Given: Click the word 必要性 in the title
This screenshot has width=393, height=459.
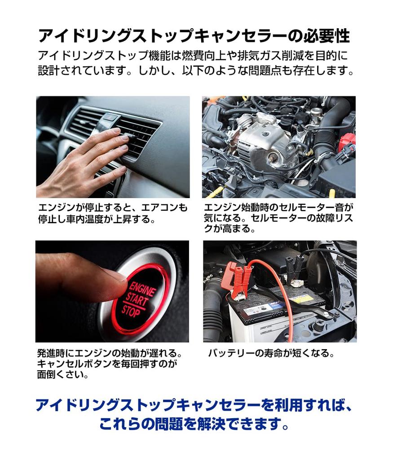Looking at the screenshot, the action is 327,36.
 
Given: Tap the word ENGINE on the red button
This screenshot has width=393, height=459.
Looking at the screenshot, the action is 142,288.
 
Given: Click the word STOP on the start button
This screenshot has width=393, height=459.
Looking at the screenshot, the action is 131,311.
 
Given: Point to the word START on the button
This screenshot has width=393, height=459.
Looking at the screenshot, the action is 137,299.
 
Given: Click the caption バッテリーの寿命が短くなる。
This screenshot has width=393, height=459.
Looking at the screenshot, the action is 271,353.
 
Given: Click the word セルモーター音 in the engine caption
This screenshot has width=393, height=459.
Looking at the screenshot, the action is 311,208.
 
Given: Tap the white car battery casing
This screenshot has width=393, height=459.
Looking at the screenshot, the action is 264,322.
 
